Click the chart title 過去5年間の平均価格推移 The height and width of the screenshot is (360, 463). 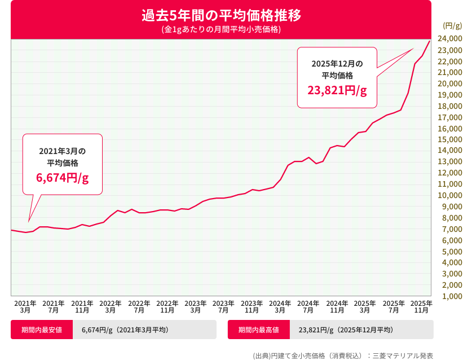pos(221,15)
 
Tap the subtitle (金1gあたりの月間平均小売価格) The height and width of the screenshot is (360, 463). pos(221,29)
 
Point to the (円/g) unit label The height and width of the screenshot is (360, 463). pos(452,25)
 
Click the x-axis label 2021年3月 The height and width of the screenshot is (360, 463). pos(25,306)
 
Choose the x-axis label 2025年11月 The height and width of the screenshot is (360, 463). pos(421,306)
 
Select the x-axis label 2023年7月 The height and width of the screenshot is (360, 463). pos(223,306)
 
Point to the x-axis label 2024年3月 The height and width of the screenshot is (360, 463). pos(280,306)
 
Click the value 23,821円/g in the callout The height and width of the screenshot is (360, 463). pos(337,90)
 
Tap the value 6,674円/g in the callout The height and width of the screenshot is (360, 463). pos(63,178)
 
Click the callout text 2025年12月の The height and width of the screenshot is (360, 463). pos(337,63)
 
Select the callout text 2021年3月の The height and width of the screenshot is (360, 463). pos(63,151)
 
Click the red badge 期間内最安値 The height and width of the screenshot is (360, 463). pos(42,330)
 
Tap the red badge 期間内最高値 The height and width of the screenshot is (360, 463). pos(259,330)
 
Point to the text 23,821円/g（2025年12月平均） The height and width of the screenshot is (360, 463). pos(346,330)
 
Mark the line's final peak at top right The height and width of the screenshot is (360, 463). pos(430,41)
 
